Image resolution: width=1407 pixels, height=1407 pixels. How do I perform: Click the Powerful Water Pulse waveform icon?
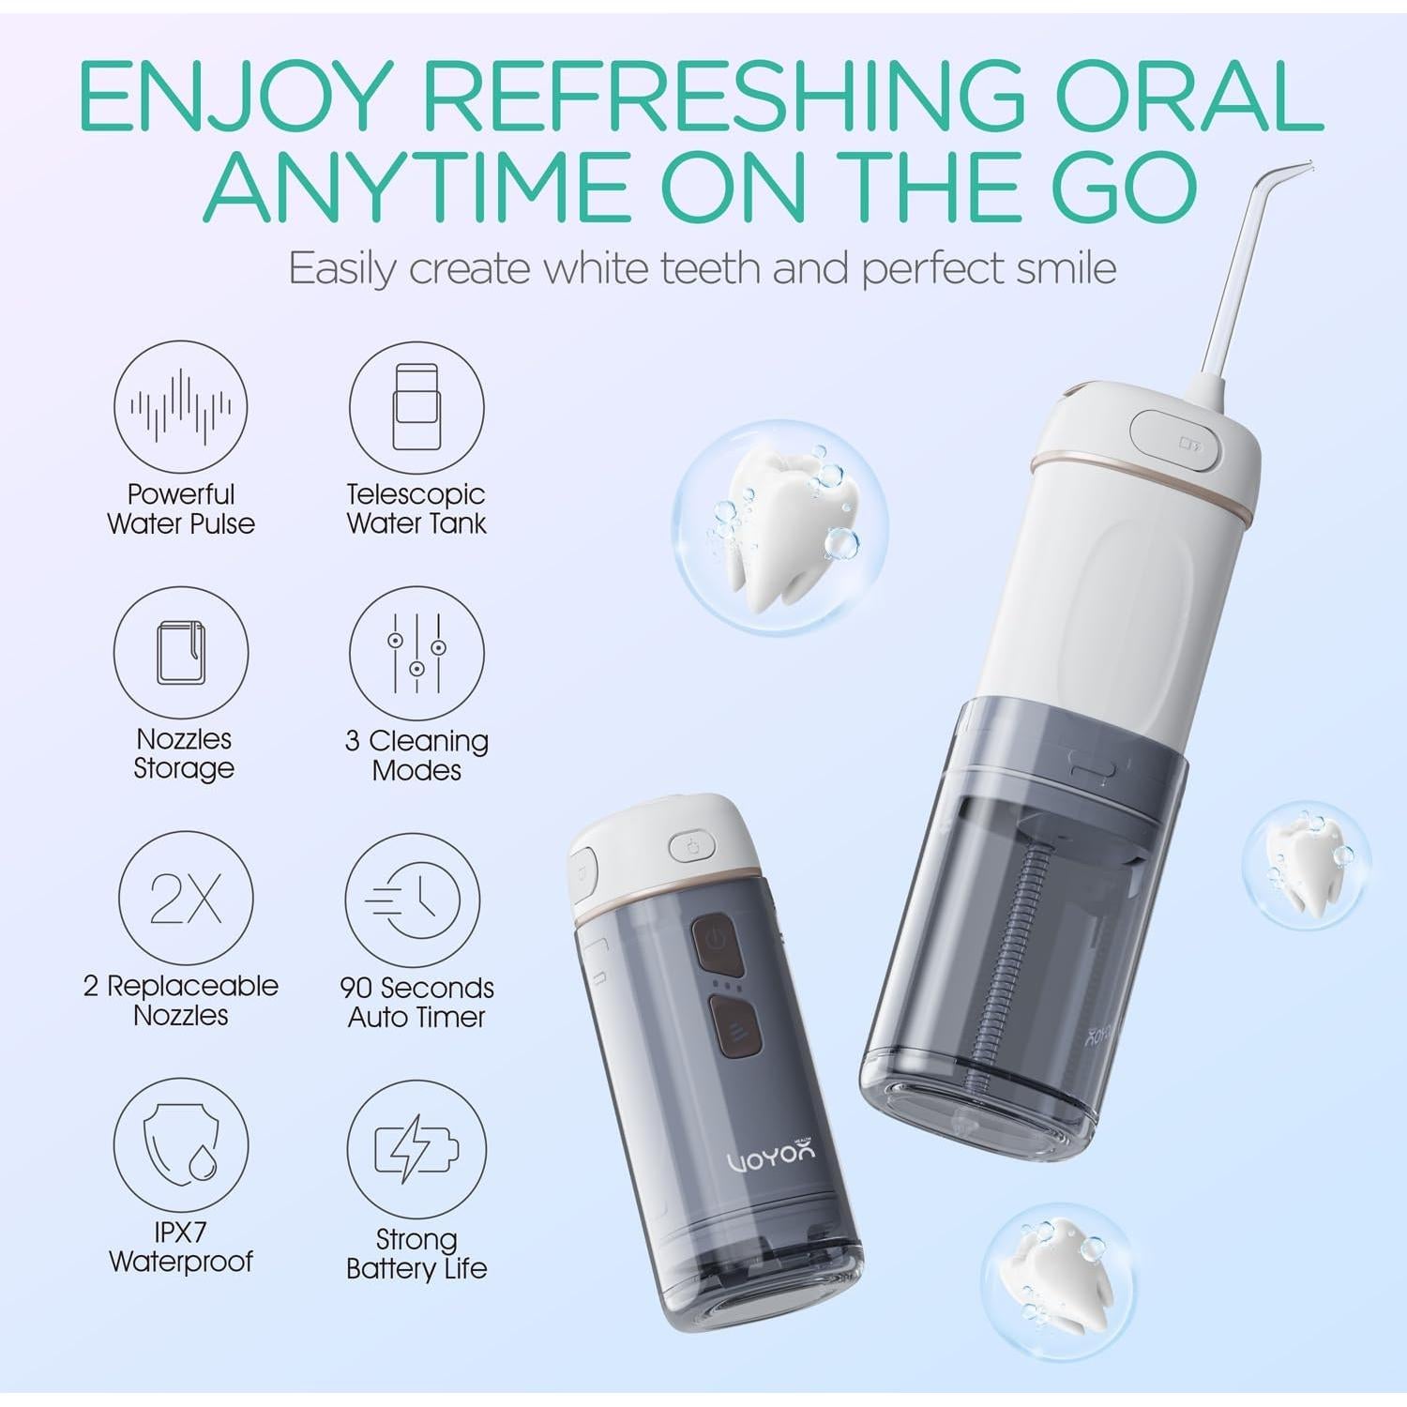coord(181,407)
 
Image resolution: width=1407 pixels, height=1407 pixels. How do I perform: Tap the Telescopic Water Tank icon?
coord(416,407)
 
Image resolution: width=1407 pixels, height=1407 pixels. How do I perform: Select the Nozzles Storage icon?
coord(181,653)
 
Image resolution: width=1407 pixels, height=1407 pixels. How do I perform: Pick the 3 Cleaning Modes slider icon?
coord(416,653)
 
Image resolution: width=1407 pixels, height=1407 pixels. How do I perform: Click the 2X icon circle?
coord(186,899)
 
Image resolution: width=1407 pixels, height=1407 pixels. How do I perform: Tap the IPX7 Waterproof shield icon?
coord(181,1145)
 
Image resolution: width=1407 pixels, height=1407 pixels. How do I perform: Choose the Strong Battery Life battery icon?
coord(416,1148)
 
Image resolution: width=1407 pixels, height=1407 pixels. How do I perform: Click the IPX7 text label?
coord(180,1232)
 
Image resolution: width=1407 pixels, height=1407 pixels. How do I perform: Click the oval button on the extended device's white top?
coord(1176,442)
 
